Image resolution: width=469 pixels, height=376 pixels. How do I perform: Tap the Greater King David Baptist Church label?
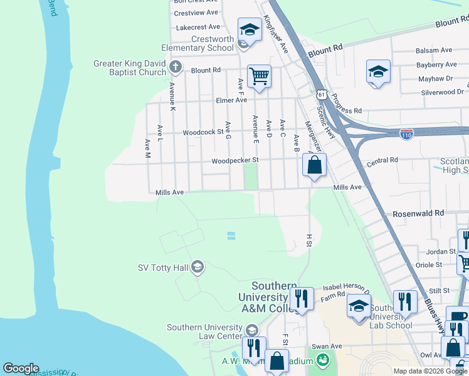click(x=130, y=68)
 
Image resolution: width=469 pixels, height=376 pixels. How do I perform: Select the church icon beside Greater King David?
click(x=176, y=66)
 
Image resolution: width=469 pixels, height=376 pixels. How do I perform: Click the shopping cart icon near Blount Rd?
click(x=259, y=77)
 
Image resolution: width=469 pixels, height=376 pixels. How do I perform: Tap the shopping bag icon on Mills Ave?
click(x=315, y=165)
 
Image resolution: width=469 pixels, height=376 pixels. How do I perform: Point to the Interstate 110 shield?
click(x=406, y=133)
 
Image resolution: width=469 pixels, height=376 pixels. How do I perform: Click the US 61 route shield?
click(x=321, y=94)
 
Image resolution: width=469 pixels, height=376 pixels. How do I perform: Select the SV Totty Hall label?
click(x=163, y=268)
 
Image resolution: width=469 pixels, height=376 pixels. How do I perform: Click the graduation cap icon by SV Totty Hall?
click(x=198, y=268)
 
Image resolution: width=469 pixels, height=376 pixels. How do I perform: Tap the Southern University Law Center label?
click(x=204, y=332)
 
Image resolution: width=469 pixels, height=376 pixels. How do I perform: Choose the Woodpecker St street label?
click(x=235, y=160)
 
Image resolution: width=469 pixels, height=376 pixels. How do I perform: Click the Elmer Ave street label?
click(x=231, y=100)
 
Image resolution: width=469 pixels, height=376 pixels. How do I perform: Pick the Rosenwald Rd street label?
click(x=418, y=214)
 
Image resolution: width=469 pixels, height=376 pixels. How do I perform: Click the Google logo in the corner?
click(x=21, y=368)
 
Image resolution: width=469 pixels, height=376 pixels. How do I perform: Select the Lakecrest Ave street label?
click(x=198, y=27)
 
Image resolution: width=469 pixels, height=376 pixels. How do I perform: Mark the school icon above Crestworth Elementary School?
click(x=249, y=29)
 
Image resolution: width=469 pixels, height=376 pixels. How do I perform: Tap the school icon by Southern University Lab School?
click(x=359, y=306)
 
